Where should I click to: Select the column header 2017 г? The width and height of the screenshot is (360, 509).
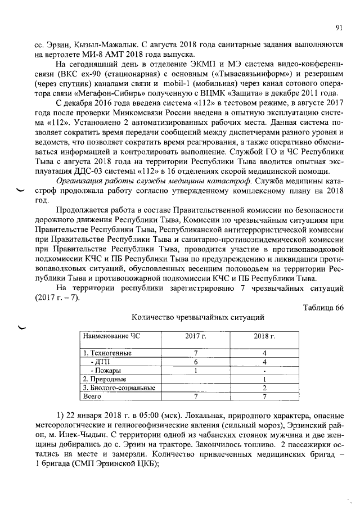pos(196,336)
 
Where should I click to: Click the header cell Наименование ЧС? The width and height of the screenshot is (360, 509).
pos(110,336)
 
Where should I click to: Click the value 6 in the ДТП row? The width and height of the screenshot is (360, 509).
pos(195,362)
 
